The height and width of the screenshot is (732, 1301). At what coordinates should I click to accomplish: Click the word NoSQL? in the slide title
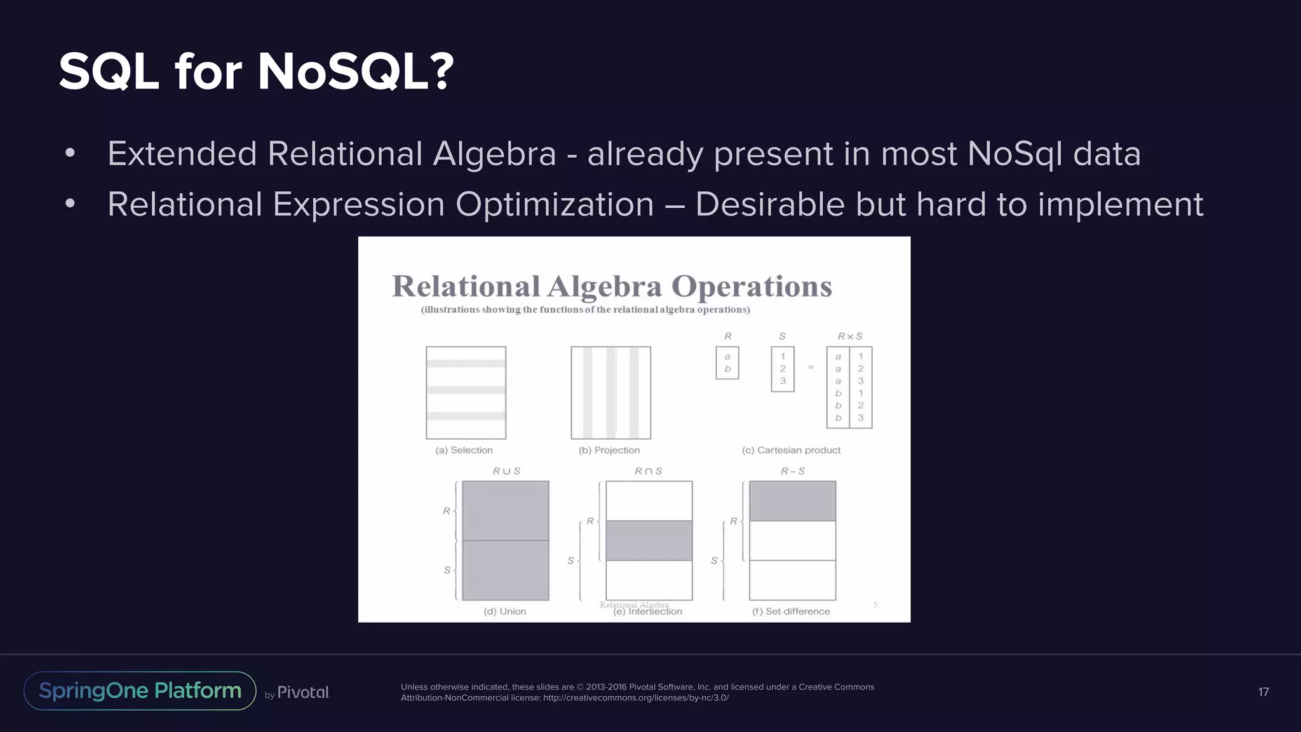356,72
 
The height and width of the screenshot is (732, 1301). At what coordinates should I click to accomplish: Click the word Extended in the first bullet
182,154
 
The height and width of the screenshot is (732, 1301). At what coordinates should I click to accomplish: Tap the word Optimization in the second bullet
554,205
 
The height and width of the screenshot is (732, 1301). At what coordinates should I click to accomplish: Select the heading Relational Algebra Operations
612,286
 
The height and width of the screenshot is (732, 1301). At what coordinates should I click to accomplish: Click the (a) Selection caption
464,450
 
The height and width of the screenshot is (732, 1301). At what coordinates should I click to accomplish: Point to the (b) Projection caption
609,450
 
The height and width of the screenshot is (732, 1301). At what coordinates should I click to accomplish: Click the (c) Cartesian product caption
791,450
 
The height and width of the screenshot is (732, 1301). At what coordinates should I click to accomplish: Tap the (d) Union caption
505,611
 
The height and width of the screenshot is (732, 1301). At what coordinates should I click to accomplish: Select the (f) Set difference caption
791,611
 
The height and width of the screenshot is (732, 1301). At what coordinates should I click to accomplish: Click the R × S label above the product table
850,336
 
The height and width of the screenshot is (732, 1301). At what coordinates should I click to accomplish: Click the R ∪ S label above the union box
506,471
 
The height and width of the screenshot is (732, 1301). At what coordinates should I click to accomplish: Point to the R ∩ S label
649,471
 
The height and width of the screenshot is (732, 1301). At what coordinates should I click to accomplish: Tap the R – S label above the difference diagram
793,471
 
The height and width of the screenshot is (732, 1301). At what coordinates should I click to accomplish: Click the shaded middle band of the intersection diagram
649,541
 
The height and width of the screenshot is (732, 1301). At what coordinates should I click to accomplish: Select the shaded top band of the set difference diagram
792,501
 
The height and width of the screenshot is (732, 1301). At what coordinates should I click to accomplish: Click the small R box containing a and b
727,363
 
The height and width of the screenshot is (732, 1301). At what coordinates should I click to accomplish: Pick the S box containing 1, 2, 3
783,369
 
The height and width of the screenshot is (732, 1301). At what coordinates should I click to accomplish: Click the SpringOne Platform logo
140,691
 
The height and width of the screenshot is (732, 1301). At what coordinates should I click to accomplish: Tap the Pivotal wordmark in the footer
303,692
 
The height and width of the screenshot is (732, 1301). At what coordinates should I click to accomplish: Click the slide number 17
1264,692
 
